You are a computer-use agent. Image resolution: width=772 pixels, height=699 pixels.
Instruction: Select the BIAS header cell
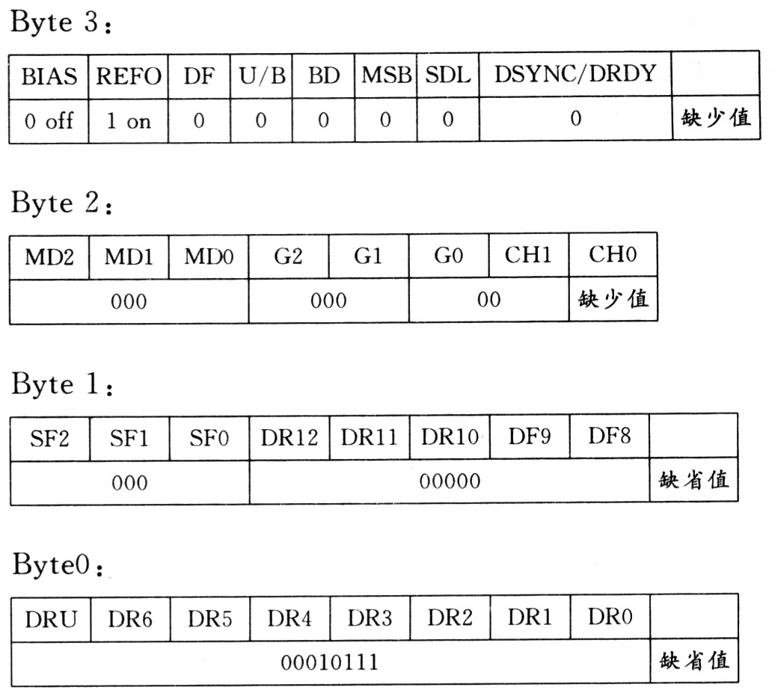tap(49, 76)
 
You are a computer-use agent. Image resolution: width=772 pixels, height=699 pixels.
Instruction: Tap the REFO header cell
tap(129, 76)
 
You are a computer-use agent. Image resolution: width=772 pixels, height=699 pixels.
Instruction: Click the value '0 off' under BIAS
tap(49, 120)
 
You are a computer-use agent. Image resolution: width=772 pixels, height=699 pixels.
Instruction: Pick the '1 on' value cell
tap(129, 120)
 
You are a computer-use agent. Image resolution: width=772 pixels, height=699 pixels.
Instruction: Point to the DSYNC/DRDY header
tap(575, 74)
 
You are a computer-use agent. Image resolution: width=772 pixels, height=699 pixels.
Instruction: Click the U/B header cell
tap(262, 76)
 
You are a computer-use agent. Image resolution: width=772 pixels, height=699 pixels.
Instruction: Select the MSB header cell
tap(386, 76)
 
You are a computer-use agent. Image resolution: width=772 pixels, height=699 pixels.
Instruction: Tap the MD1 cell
tap(129, 256)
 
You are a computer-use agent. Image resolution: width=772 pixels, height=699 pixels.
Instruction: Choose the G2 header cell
tap(289, 256)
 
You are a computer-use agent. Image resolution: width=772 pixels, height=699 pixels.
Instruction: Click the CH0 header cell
tap(613, 254)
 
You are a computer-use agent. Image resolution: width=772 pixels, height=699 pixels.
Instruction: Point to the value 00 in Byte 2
tap(489, 299)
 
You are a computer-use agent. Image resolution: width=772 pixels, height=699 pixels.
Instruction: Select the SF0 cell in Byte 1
tap(209, 438)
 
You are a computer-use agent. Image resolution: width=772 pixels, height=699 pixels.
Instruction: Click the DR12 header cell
tap(289, 437)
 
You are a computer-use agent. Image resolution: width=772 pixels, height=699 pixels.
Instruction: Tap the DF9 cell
tap(530, 437)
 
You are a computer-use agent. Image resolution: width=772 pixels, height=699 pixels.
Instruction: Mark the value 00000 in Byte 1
tap(450, 481)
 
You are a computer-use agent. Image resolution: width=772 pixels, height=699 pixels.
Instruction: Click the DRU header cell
tap(51, 619)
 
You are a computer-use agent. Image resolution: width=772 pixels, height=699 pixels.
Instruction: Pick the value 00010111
tap(329, 662)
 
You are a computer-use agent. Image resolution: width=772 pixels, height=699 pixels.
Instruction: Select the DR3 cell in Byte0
tap(370, 618)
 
